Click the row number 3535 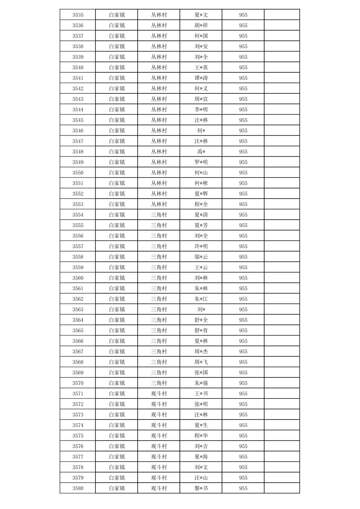78,15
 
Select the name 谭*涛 201,78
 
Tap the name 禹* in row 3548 201,152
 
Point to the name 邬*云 201,257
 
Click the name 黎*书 201,488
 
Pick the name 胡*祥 201,25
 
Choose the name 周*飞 201,362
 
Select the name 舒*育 201,331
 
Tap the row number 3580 78,488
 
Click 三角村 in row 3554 159,215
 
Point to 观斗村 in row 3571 159,393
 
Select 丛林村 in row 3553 159,204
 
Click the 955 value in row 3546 243,131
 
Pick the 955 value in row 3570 243,383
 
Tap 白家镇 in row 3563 117,309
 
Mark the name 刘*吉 201,446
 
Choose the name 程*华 201,436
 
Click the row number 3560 78,278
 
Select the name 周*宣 201,99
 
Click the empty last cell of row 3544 282,110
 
